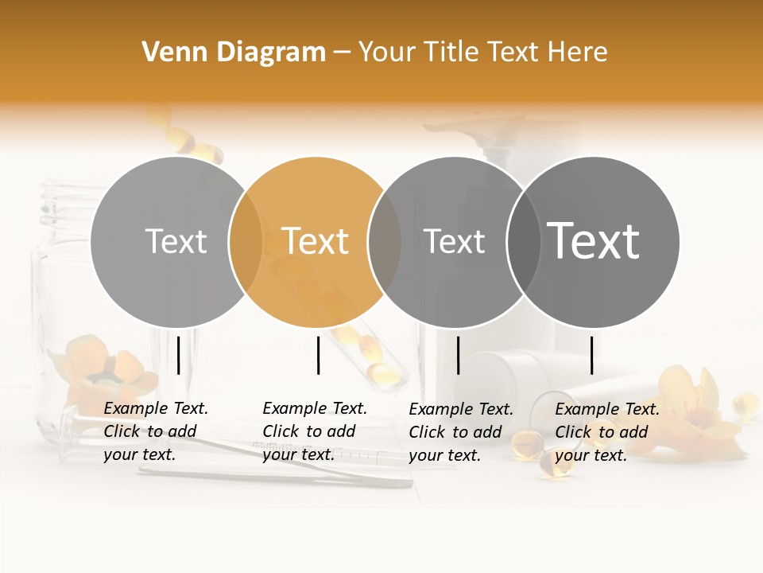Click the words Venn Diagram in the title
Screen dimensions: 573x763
234,53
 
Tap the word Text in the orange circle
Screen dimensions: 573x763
316,241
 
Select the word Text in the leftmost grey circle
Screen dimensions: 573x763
176,241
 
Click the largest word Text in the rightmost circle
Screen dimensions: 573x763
594,241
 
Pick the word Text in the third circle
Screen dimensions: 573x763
454,241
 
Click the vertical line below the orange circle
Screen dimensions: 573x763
318,355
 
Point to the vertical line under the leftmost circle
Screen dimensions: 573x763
179,355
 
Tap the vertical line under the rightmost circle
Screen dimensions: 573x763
591,355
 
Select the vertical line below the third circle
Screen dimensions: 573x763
458,355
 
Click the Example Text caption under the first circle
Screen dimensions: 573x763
156,431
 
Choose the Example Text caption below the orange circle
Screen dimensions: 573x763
315,431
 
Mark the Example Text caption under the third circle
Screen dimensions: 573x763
461,432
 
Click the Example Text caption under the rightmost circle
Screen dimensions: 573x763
607,432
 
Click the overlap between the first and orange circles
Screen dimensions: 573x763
246,241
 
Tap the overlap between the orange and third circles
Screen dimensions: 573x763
385,241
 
